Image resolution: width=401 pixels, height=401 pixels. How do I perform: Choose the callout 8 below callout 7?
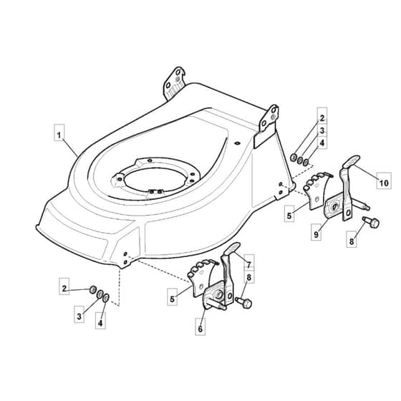(249, 276)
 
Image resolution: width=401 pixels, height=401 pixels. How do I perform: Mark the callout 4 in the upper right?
(322, 142)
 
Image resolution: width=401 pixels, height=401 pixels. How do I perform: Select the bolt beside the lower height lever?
(243, 302)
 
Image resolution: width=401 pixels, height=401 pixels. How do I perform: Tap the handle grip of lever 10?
(352, 161)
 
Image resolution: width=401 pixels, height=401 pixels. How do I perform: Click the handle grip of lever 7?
(232, 248)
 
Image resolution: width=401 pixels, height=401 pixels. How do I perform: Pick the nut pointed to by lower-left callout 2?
(93, 289)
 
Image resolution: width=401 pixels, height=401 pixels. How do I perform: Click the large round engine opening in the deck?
(154, 180)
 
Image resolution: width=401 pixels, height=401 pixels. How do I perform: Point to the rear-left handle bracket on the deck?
(174, 83)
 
